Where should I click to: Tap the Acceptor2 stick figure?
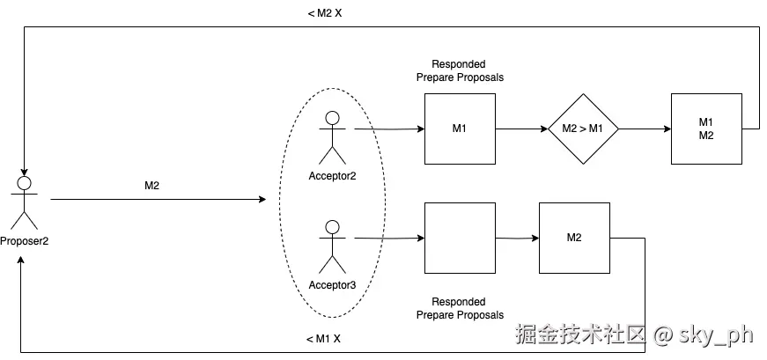(332, 137)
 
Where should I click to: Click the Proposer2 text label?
(24, 241)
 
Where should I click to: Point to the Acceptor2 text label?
(332, 176)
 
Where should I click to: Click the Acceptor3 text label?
(332, 284)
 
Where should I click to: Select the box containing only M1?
(460, 129)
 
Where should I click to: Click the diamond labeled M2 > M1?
(583, 129)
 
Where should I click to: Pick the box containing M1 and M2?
(705, 129)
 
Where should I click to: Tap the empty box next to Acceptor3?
(460, 238)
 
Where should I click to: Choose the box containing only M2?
(574, 238)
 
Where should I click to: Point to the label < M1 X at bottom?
(323, 339)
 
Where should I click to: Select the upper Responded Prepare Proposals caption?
(460, 71)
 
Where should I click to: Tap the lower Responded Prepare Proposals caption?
(460, 308)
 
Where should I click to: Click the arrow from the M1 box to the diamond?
(521, 129)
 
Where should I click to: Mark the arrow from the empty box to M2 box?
(516, 238)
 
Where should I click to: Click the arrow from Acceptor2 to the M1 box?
(388, 129)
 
